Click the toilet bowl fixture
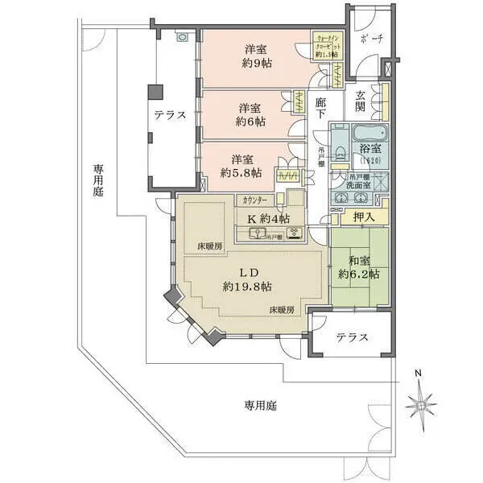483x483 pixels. click(341, 153)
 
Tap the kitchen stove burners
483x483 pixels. click(295, 233)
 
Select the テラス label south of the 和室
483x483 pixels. click(353, 337)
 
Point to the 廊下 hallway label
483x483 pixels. click(321, 109)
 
